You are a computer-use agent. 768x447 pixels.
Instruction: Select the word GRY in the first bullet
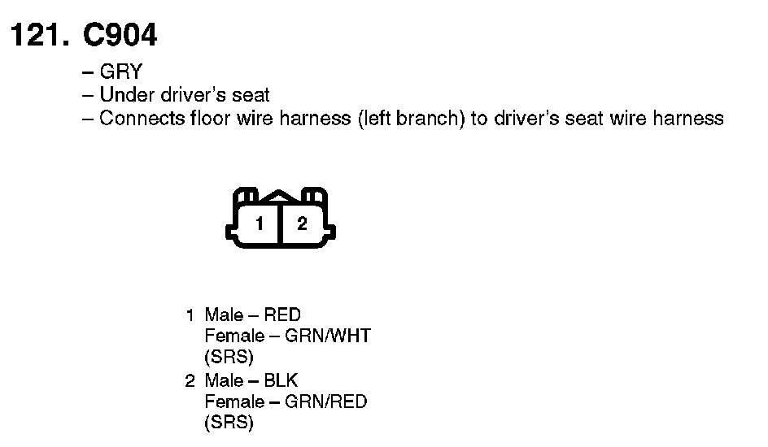point(120,72)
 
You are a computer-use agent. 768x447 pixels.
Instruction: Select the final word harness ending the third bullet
point(689,119)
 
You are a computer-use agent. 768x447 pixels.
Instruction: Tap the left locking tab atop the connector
point(247,197)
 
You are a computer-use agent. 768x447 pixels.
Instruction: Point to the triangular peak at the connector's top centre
point(280,196)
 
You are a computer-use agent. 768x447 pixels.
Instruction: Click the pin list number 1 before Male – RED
point(190,315)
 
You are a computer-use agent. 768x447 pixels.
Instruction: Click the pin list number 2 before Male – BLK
point(190,380)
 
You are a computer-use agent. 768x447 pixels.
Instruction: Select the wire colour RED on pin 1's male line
point(282,315)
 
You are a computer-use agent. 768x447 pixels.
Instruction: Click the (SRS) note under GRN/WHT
point(229,357)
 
